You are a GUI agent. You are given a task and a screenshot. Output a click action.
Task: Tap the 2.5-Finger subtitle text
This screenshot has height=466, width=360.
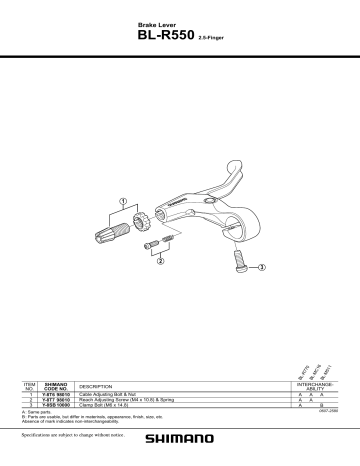tap(207, 37)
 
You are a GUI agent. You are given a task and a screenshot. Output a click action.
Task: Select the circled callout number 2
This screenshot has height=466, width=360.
tap(160, 262)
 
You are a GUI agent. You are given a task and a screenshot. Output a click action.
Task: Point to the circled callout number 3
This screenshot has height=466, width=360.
tap(262, 268)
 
